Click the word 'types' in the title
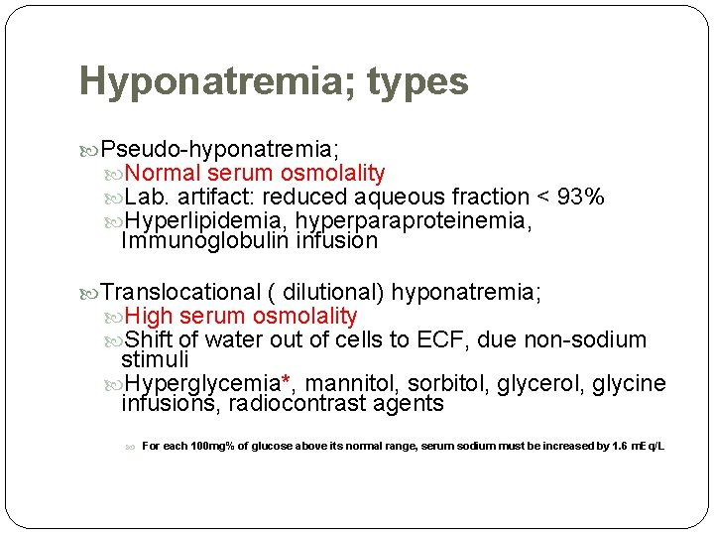pyautogui.click(x=417, y=81)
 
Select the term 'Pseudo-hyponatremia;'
pyautogui.click(x=220, y=149)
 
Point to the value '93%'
pyautogui.click(x=580, y=197)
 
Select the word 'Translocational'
pyautogui.click(x=179, y=292)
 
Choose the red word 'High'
pyautogui.click(x=149, y=317)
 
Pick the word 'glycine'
pyautogui.click(x=630, y=384)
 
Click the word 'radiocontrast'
pyautogui.click(x=300, y=404)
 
